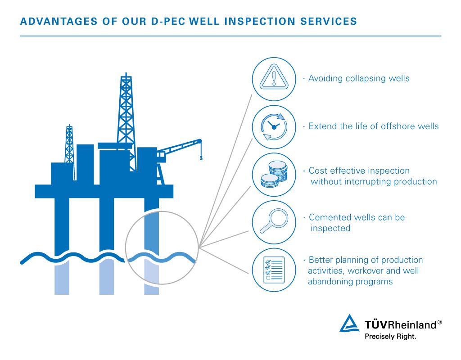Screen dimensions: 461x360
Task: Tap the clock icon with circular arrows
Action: (x=274, y=127)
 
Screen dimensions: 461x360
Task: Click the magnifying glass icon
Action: (x=274, y=221)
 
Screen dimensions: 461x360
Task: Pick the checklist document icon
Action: (x=274, y=270)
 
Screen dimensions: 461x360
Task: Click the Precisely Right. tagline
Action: (x=390, y=337)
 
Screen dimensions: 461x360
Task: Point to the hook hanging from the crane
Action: (x=201, y=158)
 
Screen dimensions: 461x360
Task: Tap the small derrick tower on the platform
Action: (x=69, y=144)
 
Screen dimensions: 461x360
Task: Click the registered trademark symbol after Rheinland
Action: (x=439, y=322)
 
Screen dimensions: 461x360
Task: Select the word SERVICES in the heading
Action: (x=329, y=22)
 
